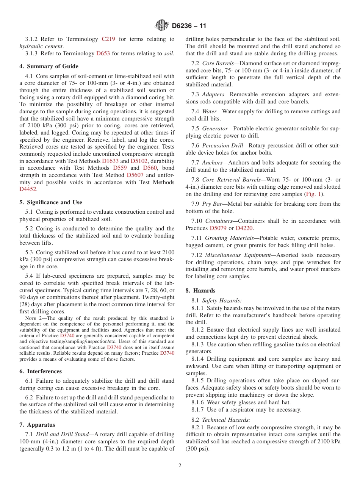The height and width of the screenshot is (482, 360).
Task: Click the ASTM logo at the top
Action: point(162,26)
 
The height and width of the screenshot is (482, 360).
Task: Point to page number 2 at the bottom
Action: point(180,465)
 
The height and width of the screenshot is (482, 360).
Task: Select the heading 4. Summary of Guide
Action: point(49,66)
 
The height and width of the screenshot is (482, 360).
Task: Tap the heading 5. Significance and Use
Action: point(50,202)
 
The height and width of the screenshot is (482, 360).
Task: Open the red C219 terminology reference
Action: point(108,39)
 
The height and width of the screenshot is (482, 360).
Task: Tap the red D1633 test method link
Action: point(110,161)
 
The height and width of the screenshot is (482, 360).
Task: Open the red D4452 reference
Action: point(28,189)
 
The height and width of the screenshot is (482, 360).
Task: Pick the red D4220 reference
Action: point(244,228)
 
